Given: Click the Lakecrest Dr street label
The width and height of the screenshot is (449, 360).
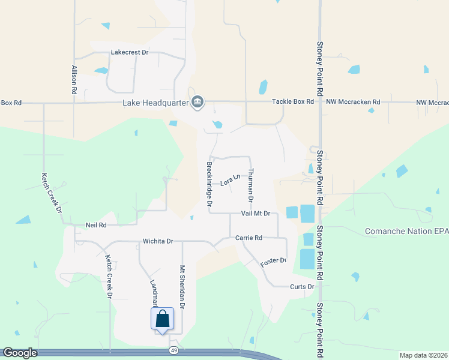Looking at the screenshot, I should click(x=130, y=52).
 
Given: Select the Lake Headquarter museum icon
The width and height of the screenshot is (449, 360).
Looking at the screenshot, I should click(x=197, y=103).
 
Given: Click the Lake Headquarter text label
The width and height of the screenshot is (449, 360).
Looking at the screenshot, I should click(x=155, y=103).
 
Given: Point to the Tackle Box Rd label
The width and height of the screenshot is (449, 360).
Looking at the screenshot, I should click(x=293, y=102).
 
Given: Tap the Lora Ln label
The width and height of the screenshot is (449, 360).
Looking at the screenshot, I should click(x=230, y=179).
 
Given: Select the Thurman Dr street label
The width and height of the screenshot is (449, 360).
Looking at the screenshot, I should click(x=251, y=184).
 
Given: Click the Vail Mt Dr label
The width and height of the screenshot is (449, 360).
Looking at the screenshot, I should click(x=256, y=213).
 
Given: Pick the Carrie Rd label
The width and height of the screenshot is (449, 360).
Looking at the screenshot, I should click(x=249, y=238).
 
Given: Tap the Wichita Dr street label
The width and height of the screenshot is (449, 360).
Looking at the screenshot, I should click(x=158, y=241).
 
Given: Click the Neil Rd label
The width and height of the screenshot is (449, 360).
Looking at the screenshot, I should click(x=96, y=225).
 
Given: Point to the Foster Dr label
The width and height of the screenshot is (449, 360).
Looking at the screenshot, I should click(x=273, y=262).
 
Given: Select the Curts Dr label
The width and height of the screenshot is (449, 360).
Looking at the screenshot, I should click(x=302, y=287).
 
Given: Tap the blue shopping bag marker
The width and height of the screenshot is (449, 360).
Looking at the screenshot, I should click(x=163, y=319).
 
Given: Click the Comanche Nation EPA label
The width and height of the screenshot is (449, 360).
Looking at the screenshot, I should click(x=406, y=231).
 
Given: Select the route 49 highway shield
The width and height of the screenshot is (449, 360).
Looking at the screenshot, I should click(x=173, y=349).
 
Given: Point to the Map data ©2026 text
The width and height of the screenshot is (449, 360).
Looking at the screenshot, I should click(x=423, y=355).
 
